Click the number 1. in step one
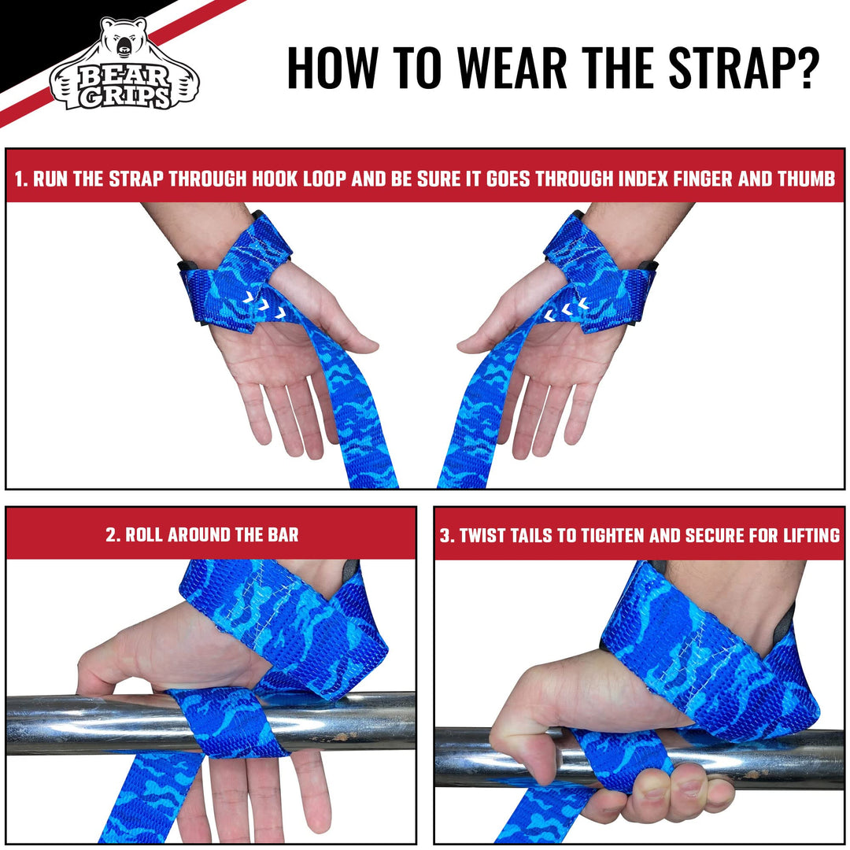21,179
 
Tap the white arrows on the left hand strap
264,305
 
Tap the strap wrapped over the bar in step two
224,720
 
